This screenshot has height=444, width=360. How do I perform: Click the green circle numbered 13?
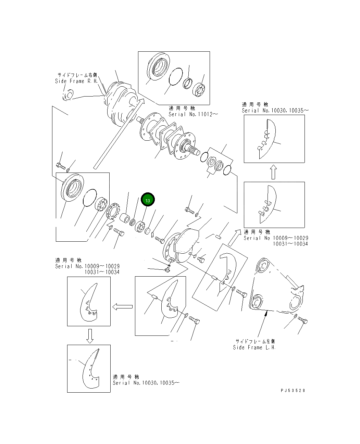(x=148, y=200)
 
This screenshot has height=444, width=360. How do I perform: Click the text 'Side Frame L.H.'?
(x=254, y=347)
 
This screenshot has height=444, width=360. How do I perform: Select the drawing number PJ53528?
(x=293, y=390)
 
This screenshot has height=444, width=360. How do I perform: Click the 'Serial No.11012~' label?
(x=193, y=114)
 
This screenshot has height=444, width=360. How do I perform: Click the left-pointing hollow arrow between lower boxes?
(x=123, y=306)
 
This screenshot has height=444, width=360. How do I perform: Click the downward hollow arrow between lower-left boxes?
(x=89, y=335)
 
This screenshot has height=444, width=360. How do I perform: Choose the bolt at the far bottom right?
(x=303, y=320)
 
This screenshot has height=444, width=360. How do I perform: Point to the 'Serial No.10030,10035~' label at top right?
(x=275, y=111)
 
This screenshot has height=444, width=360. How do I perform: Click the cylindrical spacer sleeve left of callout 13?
(x=125, y=218)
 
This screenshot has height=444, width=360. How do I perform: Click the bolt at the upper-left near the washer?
(x=60, y=166)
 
